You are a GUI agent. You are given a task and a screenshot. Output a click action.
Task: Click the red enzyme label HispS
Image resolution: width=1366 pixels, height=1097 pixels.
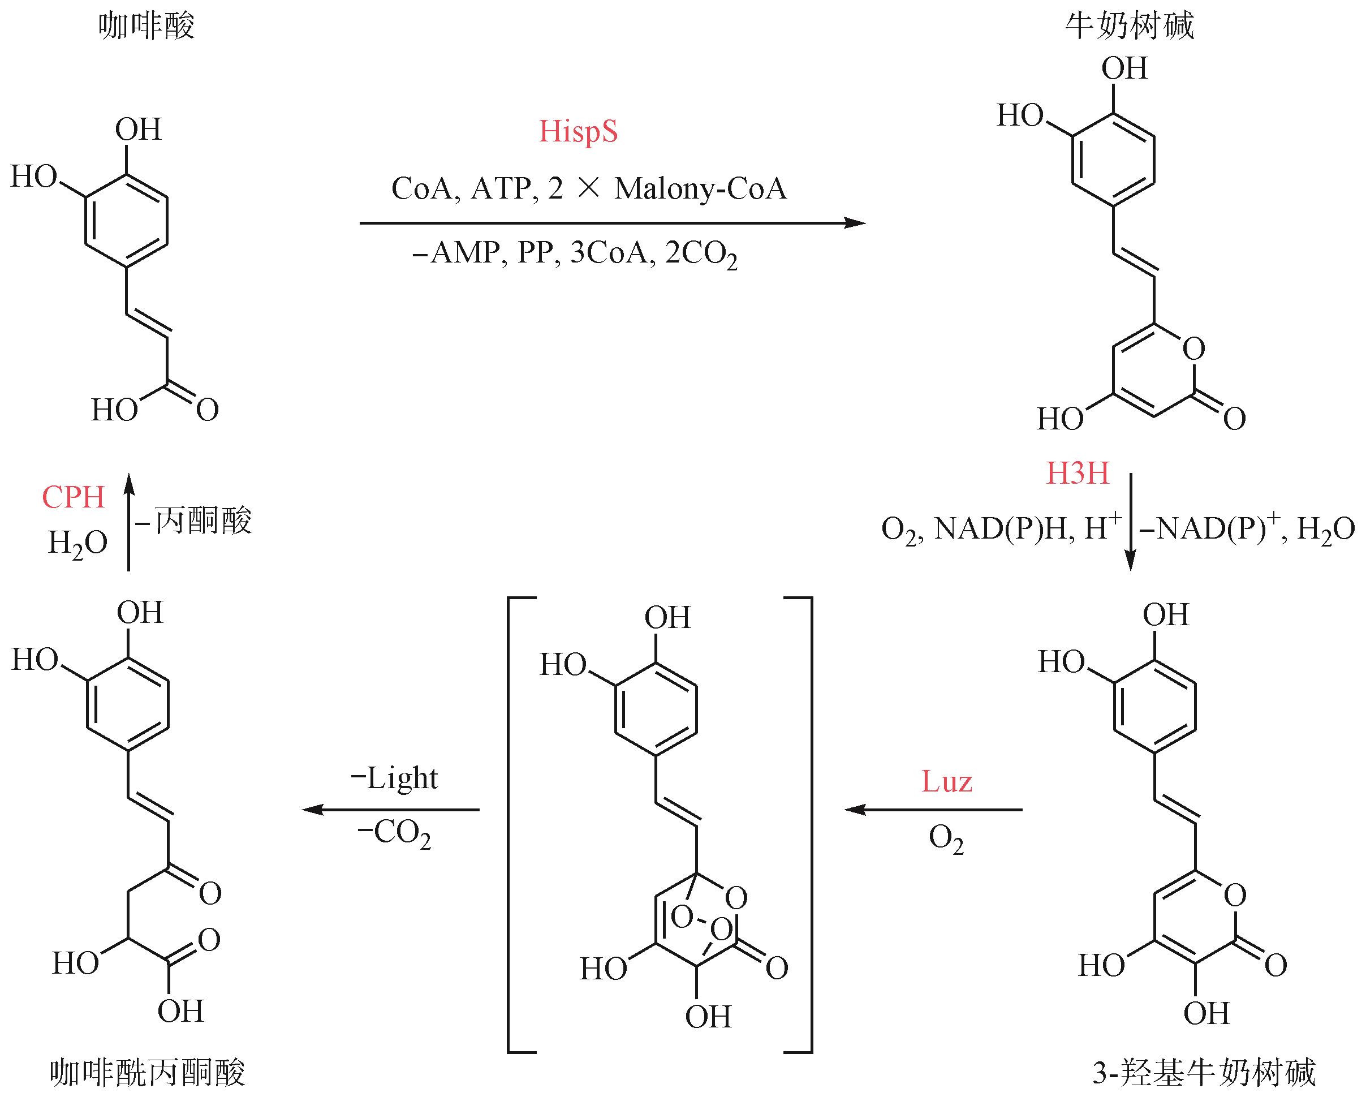click(x=578, y=132)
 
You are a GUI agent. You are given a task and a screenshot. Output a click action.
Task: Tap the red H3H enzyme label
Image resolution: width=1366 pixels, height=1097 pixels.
click(x=1077, y=474)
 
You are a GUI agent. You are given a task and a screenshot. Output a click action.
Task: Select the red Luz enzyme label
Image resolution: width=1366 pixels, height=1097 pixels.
click(x=946, y=781)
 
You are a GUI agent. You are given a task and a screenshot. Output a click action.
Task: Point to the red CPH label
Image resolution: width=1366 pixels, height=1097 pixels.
click(x=73, y=497)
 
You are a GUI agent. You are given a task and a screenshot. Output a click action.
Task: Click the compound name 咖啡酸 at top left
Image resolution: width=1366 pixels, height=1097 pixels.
click(x=146, y=27)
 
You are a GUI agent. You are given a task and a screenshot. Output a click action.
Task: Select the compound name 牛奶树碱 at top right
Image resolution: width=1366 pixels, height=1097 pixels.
click(x=1129, y=27)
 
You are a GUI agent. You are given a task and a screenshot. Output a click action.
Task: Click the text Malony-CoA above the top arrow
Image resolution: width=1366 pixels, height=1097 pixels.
click(x=700, y=189)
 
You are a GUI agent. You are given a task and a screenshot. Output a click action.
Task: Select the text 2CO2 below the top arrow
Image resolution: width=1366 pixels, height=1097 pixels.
click(x=701, y=255)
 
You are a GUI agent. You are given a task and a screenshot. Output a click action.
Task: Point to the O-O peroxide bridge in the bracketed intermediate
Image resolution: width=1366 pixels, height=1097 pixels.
click(x=701, y=922)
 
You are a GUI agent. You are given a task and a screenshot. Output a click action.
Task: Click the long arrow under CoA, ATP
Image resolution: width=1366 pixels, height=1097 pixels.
click(x=611, y=223)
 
